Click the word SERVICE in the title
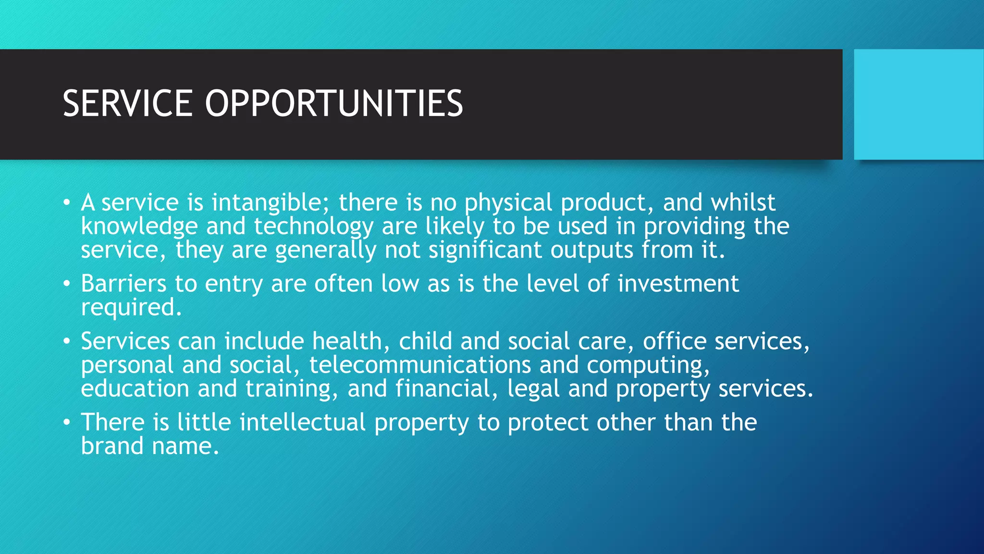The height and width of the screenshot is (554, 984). (127, 103)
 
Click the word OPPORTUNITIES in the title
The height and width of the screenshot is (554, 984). (334, 103)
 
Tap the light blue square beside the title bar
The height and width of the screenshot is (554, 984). (919, 104)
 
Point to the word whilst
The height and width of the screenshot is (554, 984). (743, 203)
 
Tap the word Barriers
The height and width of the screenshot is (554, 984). (123, 284)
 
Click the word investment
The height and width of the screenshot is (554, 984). (678, 284)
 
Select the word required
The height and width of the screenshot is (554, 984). (131, 308)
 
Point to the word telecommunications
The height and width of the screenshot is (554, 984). (420, 365)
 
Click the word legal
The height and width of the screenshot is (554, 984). (534, 389)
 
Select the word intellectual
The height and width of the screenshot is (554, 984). (303, 423)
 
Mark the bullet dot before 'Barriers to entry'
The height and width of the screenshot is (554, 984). (67, 284)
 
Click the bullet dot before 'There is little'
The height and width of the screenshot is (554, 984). (67, 423)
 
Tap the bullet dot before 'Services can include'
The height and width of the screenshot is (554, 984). (67, 341)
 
